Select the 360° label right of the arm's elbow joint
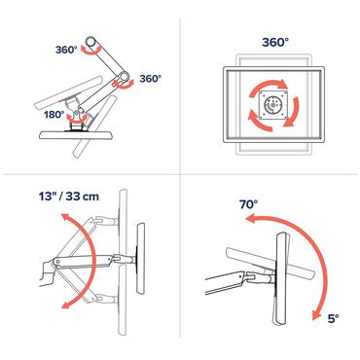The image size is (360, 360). click(150, 78)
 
